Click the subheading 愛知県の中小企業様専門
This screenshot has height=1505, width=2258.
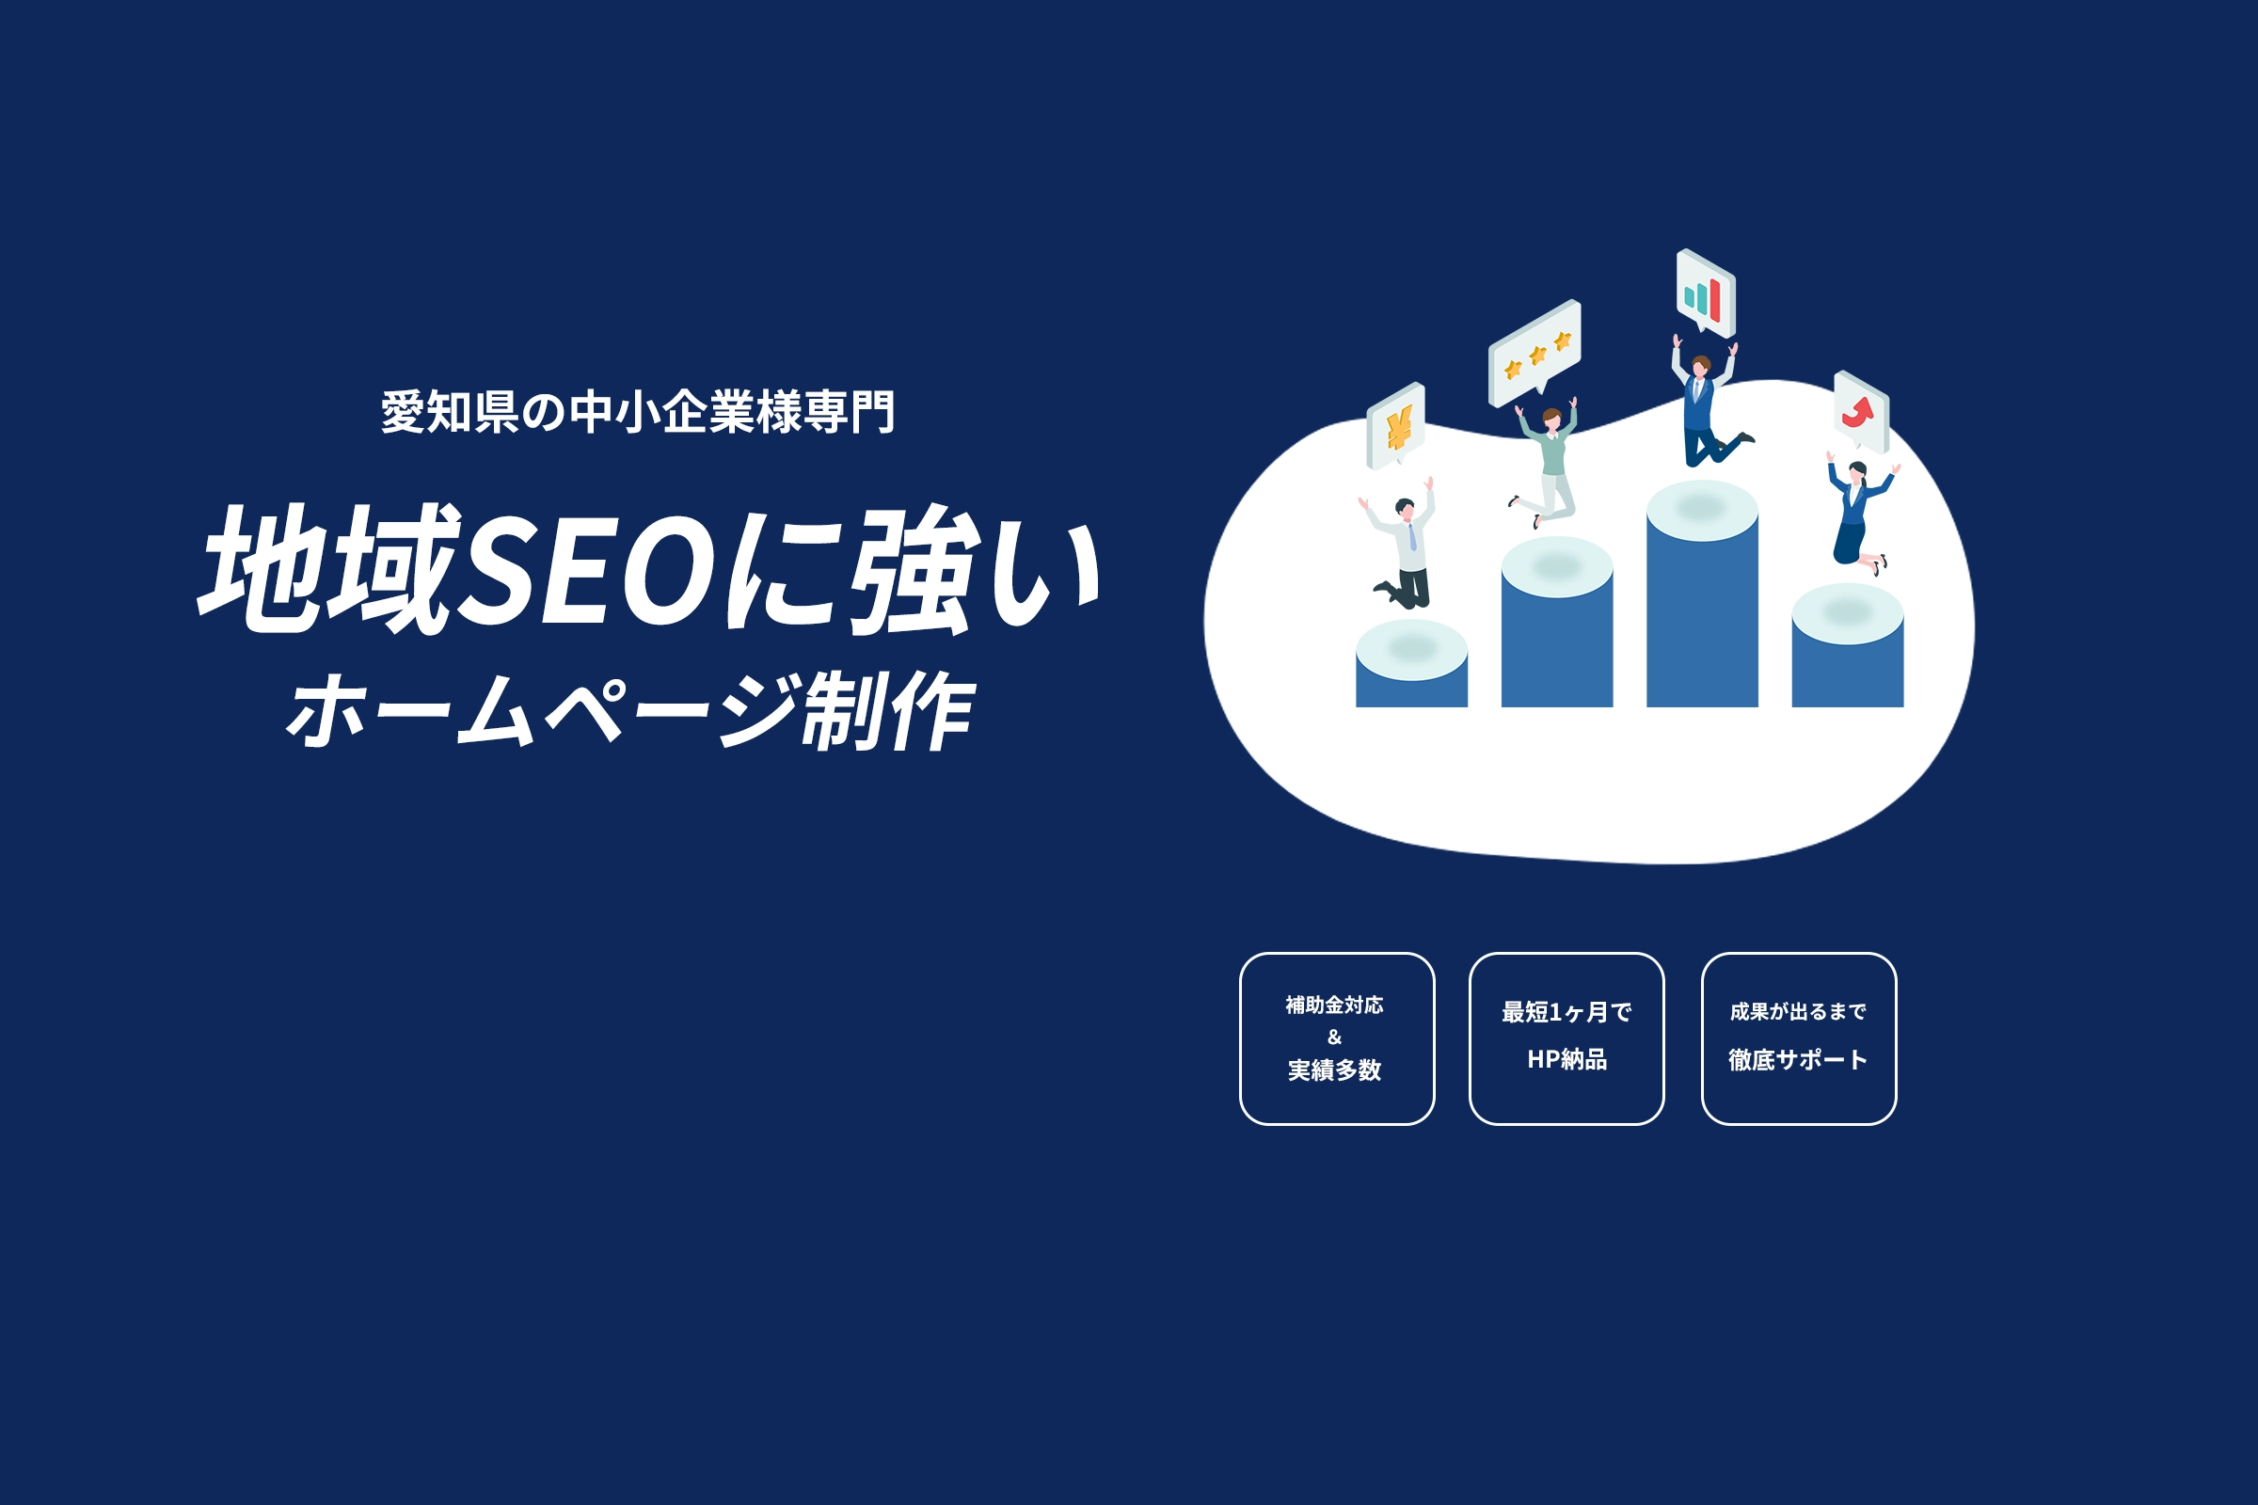[x=639, y=412]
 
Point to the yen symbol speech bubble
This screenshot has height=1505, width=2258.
[x=1395, y=426]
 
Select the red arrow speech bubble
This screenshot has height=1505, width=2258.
[x=1861, y=411]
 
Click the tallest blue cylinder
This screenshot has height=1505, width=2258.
[x=1702, y=594]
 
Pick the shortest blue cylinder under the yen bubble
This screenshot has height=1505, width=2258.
[x=1411, y=664]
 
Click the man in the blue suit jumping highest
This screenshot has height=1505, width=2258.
[x=1706, y=403]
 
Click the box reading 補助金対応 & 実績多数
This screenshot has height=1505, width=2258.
[x=1336, y=1038]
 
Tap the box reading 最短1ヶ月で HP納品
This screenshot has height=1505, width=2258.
[x=1566, y=1038]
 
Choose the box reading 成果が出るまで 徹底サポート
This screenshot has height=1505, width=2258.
[x=1798, y=1038]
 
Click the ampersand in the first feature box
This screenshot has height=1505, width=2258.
[x=1334, y=1037]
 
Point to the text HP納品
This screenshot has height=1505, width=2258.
[x=1566, y=1059]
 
